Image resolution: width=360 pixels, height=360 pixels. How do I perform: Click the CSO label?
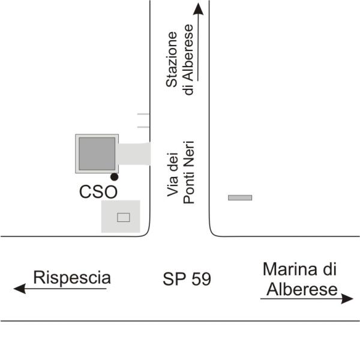click(x=98, y=192)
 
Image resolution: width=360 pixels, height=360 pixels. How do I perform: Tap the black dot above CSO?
click(x=114, y=177)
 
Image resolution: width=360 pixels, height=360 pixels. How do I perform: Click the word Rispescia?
click(x=72, y=278)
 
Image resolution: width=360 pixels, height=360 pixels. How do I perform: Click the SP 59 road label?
click(x=187, y=279)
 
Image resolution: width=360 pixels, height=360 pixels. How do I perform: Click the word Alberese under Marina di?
click(x=302, y=289)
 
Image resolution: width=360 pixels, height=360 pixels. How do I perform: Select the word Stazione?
click(x=173, y=59)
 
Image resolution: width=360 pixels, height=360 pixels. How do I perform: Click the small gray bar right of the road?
click(x=240, y=197)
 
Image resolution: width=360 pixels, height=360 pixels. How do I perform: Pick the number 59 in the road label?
click(x=202, y=279)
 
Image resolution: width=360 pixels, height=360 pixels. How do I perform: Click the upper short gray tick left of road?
click(x=143, y=113)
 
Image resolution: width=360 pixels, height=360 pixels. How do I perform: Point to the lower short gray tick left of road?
click(x=143, y=127)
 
